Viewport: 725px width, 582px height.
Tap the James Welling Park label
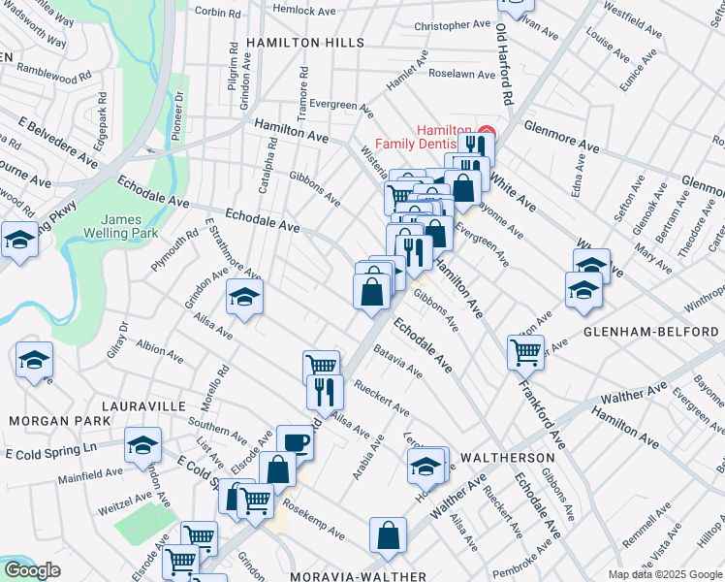click(x=129, y=227)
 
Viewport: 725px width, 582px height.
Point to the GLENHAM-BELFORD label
click(x=650, y=331)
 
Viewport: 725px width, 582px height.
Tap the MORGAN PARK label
click(x=47, y=421)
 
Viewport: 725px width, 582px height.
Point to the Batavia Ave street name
click(x=397, y=361)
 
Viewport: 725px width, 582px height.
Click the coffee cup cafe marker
click(x=295, y=441)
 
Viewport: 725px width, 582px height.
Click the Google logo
click(x=31, y=570)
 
